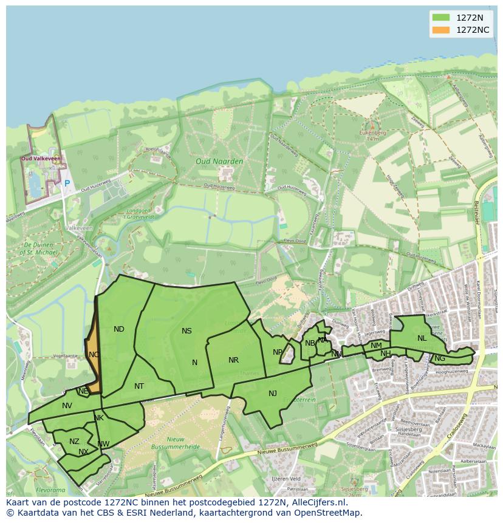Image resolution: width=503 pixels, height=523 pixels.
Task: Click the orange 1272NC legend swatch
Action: click(441, 30)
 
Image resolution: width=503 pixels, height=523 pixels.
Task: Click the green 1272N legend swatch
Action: click(441, 17)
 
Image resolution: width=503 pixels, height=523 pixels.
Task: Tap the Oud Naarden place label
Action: click(219, 162)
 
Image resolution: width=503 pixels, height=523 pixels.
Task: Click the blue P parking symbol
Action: click(67, 183)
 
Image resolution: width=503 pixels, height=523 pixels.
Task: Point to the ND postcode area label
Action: click(119, 329)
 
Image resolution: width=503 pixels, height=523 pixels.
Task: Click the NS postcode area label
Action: click(186, 331)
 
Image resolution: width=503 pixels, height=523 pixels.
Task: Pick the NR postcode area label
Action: click(233, 360)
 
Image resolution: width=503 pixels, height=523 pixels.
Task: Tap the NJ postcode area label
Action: click(273, 394)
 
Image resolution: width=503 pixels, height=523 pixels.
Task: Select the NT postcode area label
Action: click(139, 386)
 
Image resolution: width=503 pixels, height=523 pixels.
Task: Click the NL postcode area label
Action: click(422, 338)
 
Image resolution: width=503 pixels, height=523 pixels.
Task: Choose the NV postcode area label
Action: click(67, 406)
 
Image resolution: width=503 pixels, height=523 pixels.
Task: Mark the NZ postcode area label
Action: click(74, 442)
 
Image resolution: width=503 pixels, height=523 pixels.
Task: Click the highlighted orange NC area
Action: click(93, 355)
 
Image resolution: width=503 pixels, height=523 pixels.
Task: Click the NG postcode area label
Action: click(440, 358)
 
